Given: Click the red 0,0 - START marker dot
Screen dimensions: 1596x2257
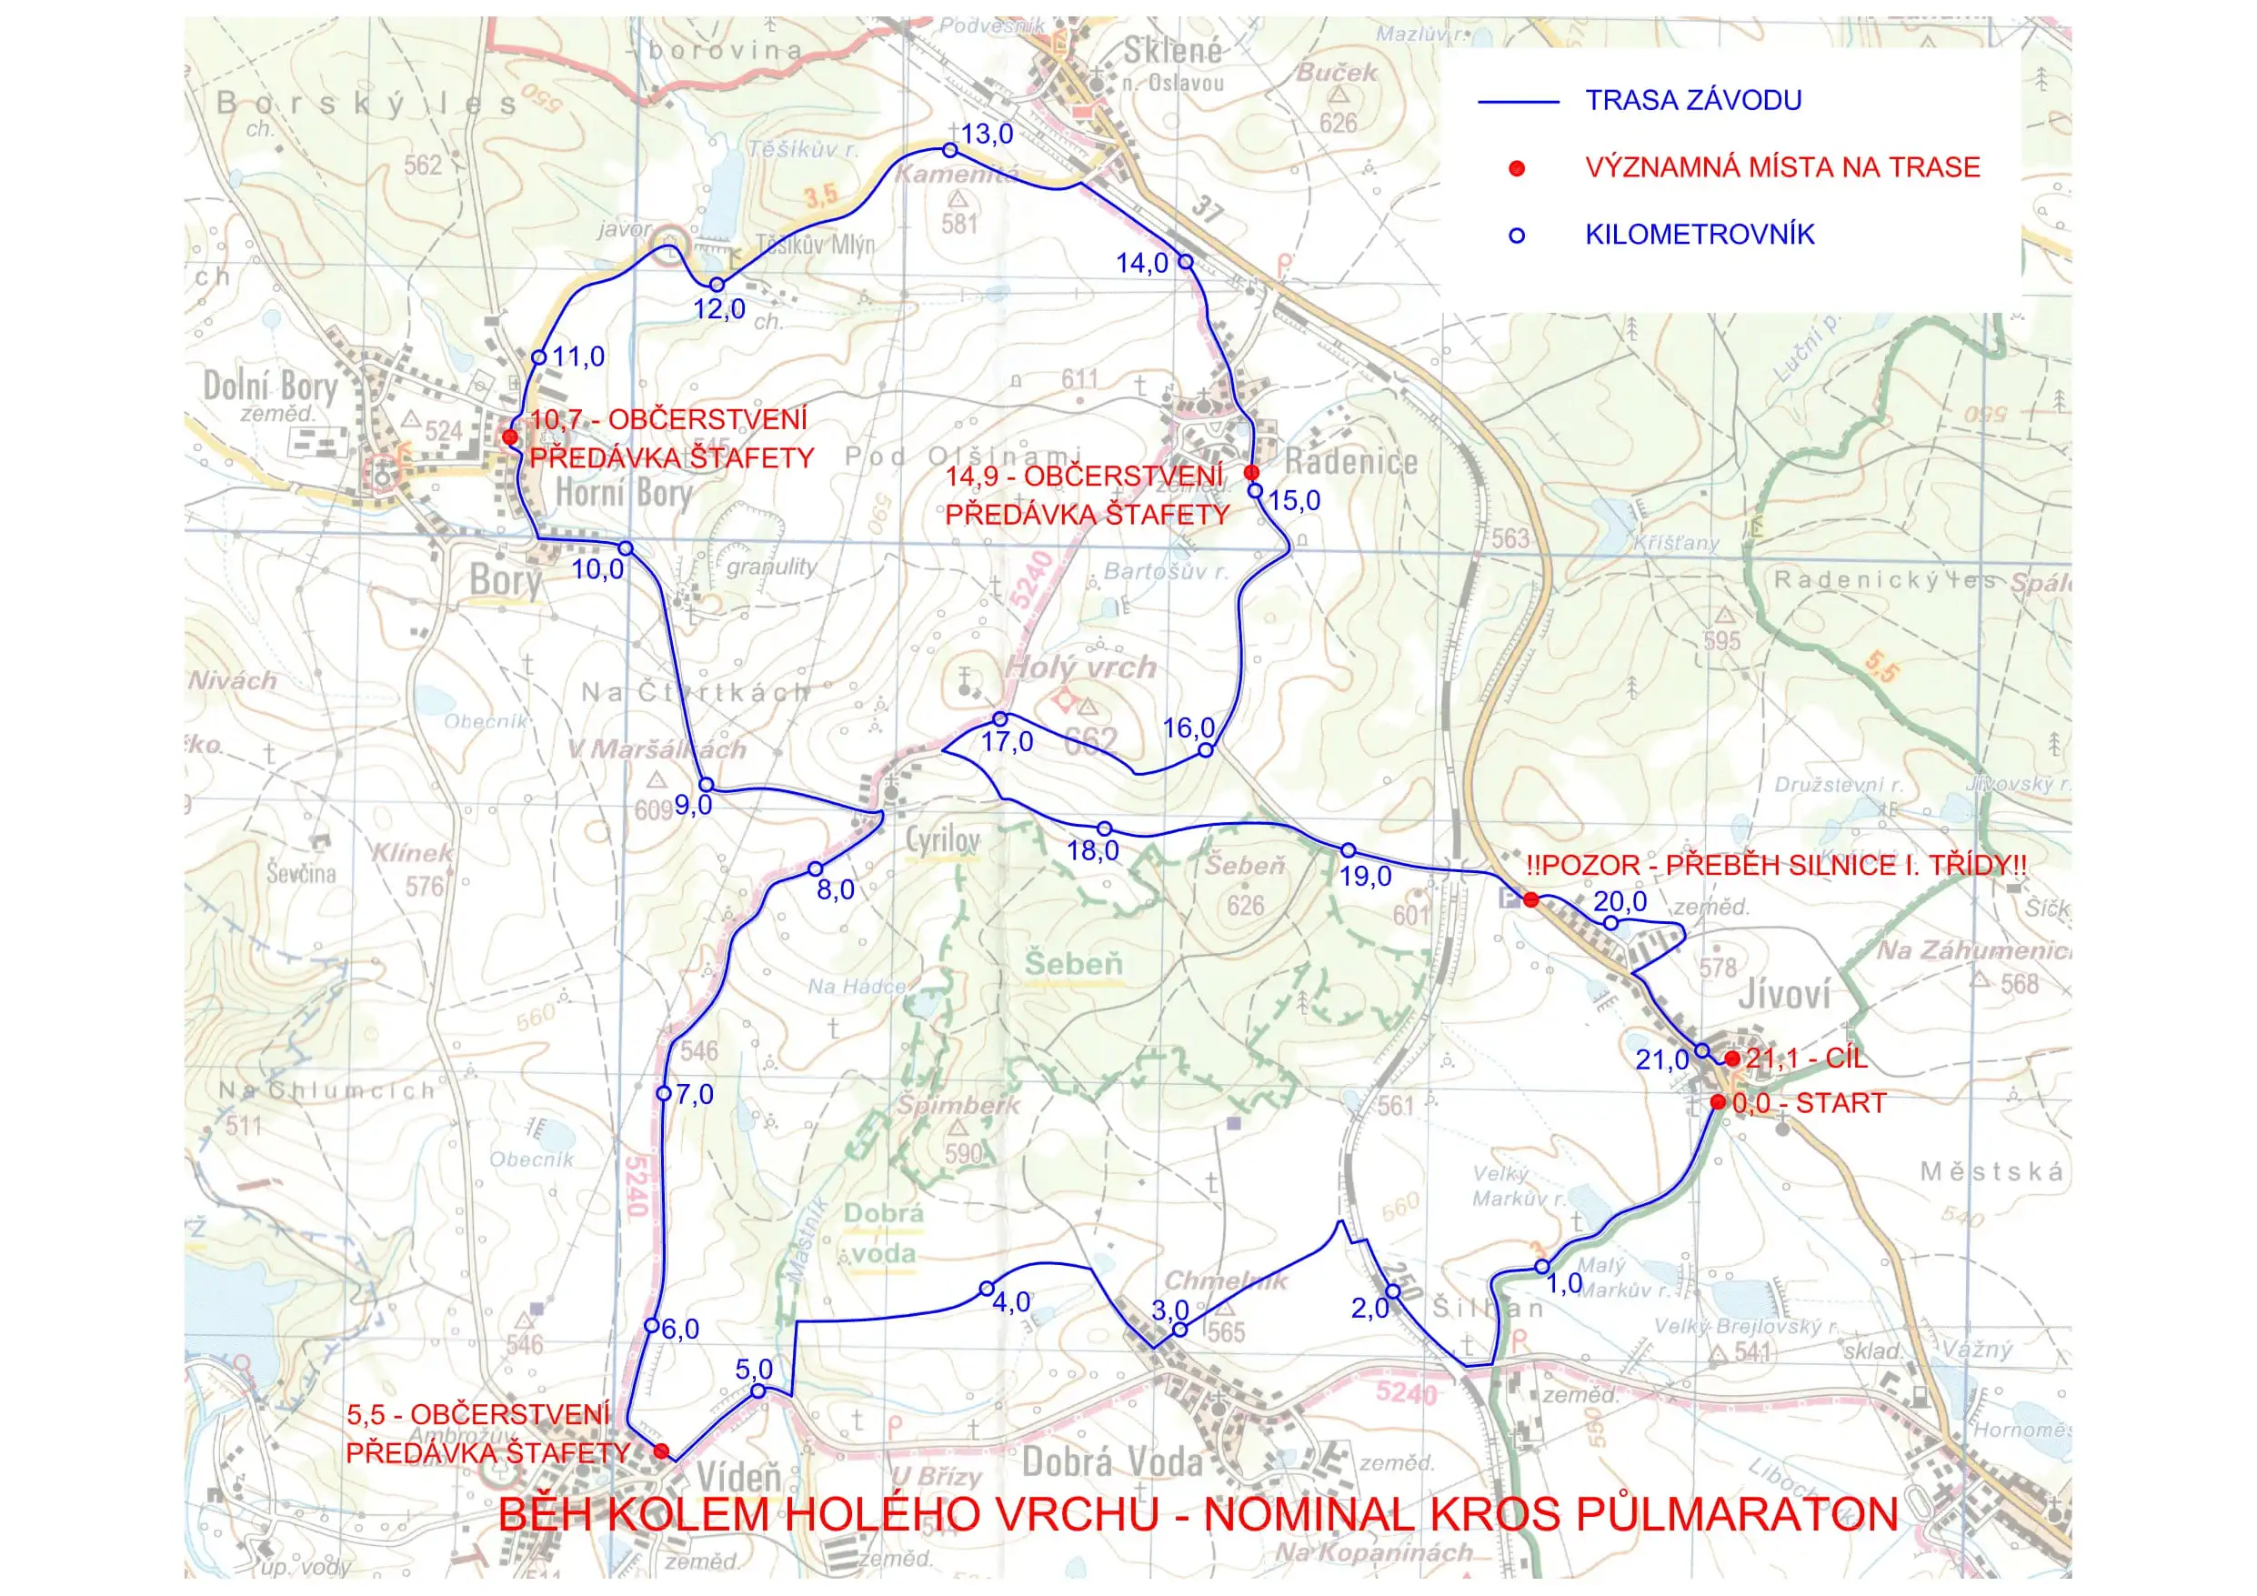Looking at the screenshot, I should pos(1718,1102).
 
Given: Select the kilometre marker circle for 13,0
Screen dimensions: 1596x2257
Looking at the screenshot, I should pos(949,150).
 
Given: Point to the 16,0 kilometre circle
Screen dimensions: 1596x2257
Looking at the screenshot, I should pos(1206,750).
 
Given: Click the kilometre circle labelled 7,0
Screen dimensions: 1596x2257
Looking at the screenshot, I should pos(664,1093).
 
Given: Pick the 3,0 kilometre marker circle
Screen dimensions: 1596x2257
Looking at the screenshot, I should pos(1180,1330).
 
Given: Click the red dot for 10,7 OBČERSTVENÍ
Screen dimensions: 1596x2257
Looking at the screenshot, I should pos(510,437).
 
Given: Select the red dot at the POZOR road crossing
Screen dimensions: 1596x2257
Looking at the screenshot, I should pos(1530,899).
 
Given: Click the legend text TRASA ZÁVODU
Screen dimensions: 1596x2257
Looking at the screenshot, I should pos(1693,100).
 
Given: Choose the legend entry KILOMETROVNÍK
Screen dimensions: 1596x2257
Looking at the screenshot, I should pos(1699,234).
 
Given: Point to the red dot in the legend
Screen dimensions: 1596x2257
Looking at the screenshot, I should pos(1517,168).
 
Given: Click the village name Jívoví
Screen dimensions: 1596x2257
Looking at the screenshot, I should pos(1783,994).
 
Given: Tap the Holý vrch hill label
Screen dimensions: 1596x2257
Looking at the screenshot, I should pos(1079,668).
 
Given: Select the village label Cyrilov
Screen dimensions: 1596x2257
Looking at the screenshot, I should pos(943,841).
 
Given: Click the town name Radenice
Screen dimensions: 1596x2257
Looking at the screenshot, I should pos(1350,461).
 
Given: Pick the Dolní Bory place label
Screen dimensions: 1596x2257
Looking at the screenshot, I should pos(269,386).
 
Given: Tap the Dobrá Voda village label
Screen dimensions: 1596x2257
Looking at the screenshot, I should pos(1112,1462).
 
